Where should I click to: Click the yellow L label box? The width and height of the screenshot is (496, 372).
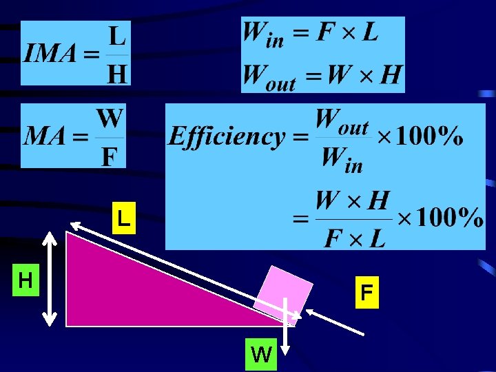(x=124, y=218)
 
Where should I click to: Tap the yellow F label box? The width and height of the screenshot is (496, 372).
(x=367, y=292)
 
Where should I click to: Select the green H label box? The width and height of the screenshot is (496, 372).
(x=25, y=280)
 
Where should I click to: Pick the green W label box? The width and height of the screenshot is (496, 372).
(x=261, y=354)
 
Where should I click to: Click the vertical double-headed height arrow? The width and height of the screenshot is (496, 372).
(x=50, y=279)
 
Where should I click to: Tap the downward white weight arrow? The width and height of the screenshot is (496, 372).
(x=285, y=326)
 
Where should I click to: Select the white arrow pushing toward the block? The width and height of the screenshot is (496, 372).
(x=335, y=322)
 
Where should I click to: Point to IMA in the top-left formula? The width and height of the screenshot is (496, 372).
(x=50, y=52)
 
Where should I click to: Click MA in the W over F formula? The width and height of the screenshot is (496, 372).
(x=44, y=136)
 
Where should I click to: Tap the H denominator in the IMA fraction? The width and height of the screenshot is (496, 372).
(x=117, y=74)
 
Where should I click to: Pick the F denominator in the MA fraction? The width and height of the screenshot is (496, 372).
(x=110, y=157)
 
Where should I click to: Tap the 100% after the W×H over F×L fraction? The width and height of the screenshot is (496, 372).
(x=450, y=217)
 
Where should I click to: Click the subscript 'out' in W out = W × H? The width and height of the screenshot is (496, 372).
(x=280, y=84)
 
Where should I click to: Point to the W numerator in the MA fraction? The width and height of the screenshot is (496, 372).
(x=110, y=118)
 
